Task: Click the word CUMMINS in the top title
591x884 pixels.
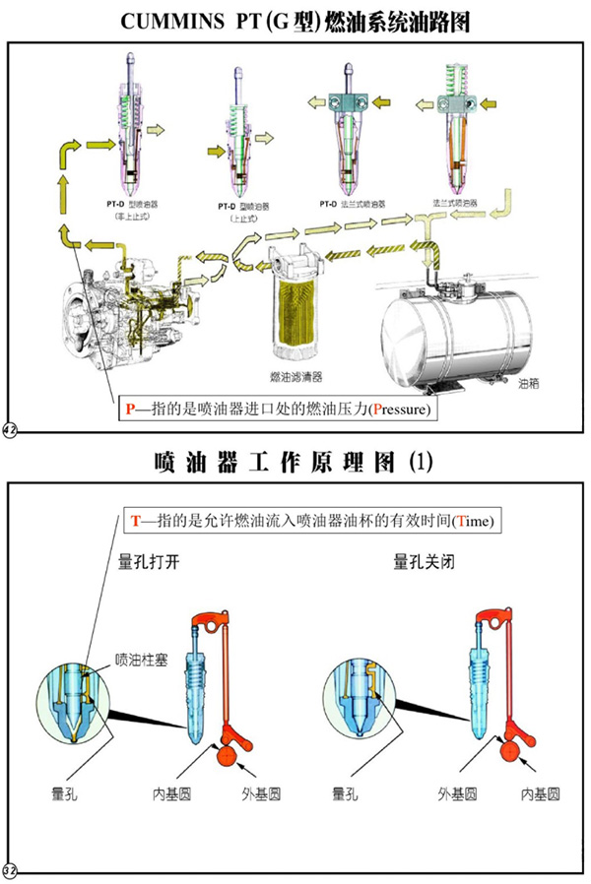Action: pyautogui.click(x=174, y=22)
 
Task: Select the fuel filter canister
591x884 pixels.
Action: pyautogui.click(x=295, y=305)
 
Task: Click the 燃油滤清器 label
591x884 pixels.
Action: pyautogui.click(x=295, y=377)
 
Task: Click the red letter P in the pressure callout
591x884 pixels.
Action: pyautogui.click(x=128, y=408)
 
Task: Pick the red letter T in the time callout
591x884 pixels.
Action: pyautogui.click(x=136, y=519)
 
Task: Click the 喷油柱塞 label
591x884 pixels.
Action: pyautogui.click(x=139, y=659)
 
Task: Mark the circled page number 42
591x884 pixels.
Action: pyautogui.click(x=11, y=430)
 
